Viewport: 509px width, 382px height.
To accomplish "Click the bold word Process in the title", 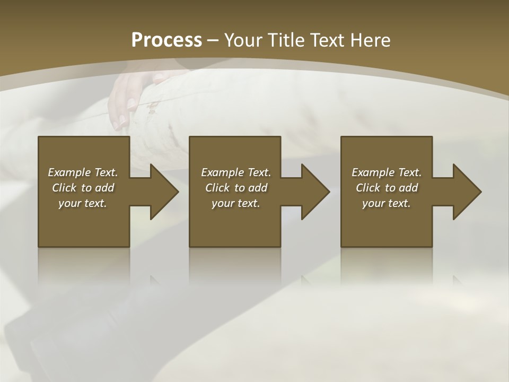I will click(x=166, y=40).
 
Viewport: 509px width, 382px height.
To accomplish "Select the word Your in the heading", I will click(x=244, y=40).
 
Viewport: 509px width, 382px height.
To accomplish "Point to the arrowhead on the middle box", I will click(x=314, y=192).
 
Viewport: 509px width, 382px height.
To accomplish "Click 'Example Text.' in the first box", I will click(x=83, y=172).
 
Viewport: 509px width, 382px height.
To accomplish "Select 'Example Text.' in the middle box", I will click(x=236, y=172).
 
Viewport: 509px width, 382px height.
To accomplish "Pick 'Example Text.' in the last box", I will click(x=387, y=172).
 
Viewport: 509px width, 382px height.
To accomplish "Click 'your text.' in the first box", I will click(x=83, y=203).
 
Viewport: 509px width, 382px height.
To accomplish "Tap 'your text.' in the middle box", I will click(x=236, y=203).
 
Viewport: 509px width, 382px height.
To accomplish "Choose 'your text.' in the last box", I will click(x=387, y=203).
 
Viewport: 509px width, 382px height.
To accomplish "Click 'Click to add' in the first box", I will click(x=83, y=188).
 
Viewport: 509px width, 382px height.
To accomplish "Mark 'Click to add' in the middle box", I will click(x=236, y=188).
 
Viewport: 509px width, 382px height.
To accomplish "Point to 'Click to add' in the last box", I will click(x=387, y=188).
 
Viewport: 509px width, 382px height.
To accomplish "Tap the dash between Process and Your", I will click(x=213, y=41).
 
